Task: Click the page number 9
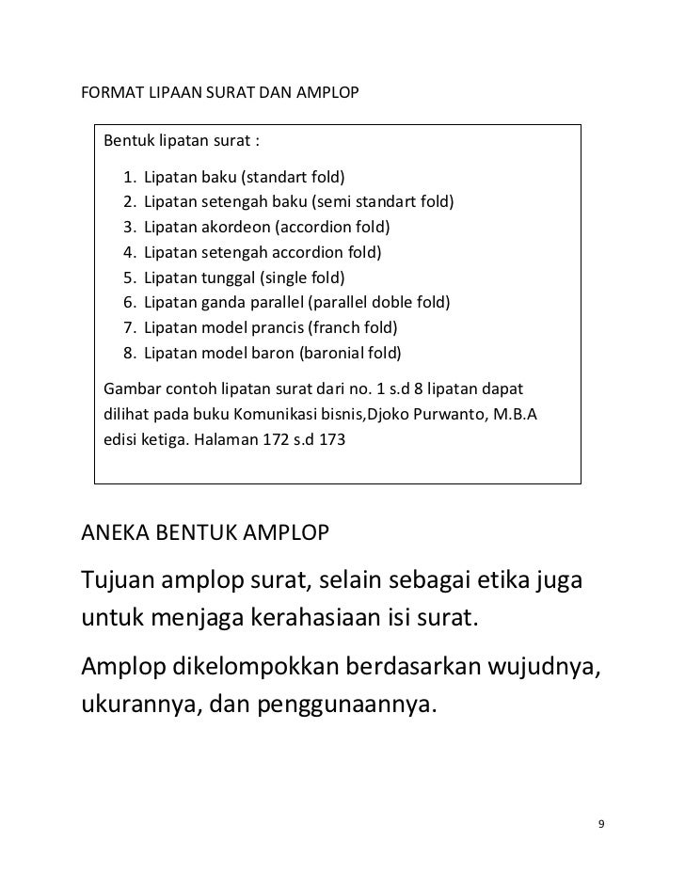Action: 602,825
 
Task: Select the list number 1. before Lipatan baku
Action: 129,177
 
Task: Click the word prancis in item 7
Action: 276,329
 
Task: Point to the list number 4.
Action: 129,253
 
